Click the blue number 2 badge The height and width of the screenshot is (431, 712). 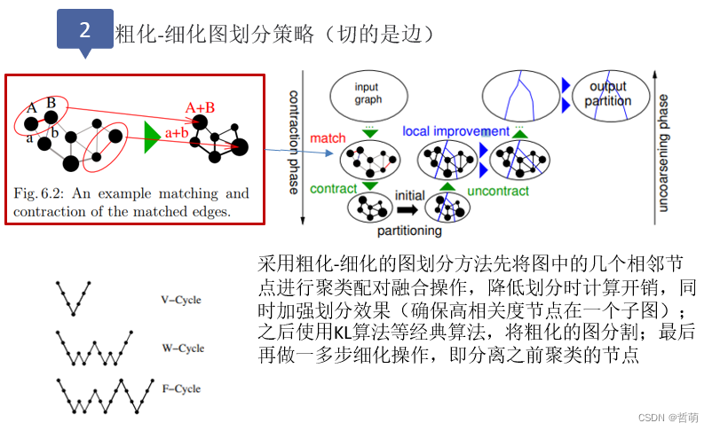pyautogui.click(x=85, y=29)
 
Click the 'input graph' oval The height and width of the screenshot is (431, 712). pyautogui.click(x=366, y=94)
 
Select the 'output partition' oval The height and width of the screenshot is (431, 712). pyautogui.click(x=607, y=94)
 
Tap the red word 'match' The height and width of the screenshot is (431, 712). pyautogui.click(x=328, y=139)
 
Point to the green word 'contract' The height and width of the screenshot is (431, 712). pyautogui.click(x=333, y=189)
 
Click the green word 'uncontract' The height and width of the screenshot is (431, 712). pyautogui.click(x=497, y=191)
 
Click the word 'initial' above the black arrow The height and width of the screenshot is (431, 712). pyautogui.click(x=413, y=194)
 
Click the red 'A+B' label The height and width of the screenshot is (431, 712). pyautogui.click(x=200, y=107)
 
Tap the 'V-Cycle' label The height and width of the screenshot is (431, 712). pyautogui.click(x=182, y=300)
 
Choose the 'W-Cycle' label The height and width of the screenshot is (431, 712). pyautogui.click(x=183, y=349)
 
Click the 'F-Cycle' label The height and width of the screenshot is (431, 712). pyautogui.click(x=182, y=388)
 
